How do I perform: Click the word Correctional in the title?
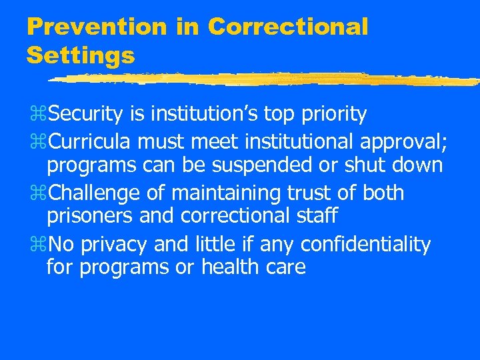coord(287,27)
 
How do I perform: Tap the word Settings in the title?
coord(80,55)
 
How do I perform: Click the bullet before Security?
coord(37,115)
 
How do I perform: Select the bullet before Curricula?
coord(37,142)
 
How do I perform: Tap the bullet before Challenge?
coord(37,193)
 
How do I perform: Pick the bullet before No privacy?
coord(37,245)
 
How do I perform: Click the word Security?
coord(85,115)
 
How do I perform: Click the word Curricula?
coord(89,141)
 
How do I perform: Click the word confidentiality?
coord(366,245)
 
